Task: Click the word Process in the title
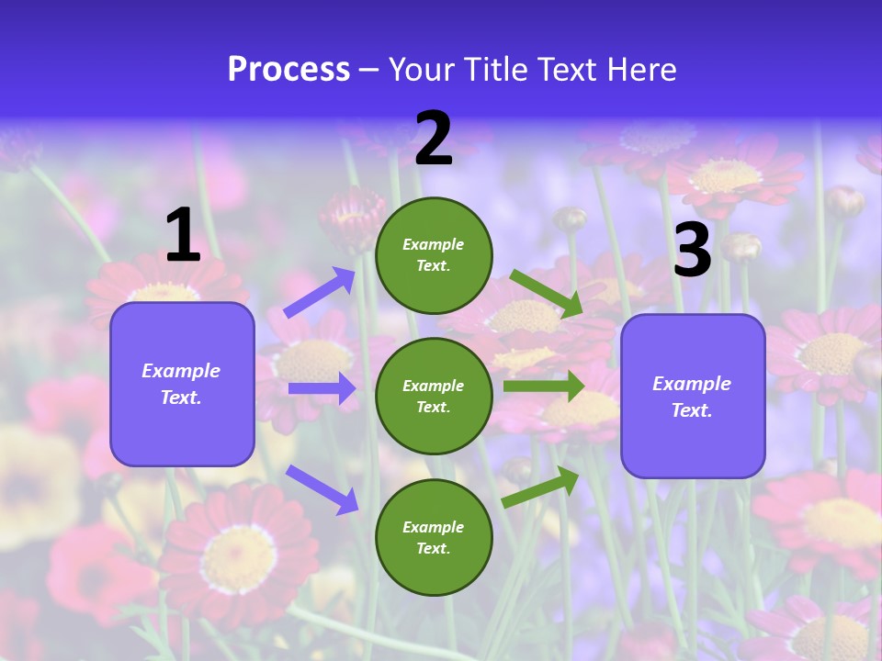tap(288, 70)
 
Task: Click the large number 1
tap(183, 236)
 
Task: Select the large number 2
tap(434, 139)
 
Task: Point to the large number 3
tap(692, 250)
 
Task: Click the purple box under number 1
tap(182, 384)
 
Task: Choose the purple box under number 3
tap(693, 397)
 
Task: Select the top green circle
tap(434, 255)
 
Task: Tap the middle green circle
tap(434, 396)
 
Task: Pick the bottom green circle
tap(434, 537)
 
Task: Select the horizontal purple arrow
tap(322, 388)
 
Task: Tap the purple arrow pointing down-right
tap(322, 489)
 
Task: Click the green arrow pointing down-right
tap(547, 294)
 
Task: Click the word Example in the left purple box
tap(181, 371)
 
